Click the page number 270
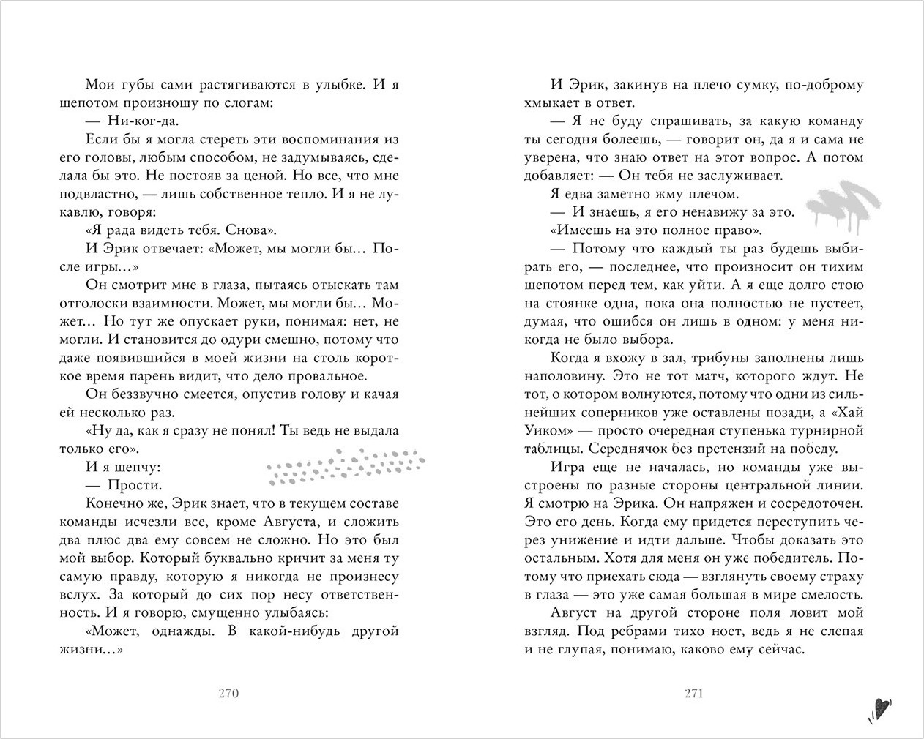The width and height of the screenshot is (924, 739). click(229, 694)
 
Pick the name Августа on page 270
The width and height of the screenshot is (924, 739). click(288, 522)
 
